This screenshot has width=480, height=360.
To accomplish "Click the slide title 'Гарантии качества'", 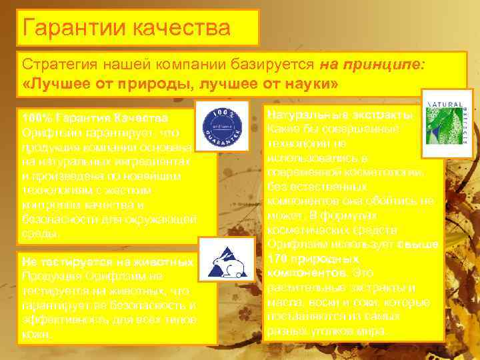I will (x=126, y=28).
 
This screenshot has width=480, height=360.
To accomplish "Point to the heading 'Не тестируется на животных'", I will (x=107, y=261).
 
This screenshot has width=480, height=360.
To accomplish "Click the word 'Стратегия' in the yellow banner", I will (x=57, y=65).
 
